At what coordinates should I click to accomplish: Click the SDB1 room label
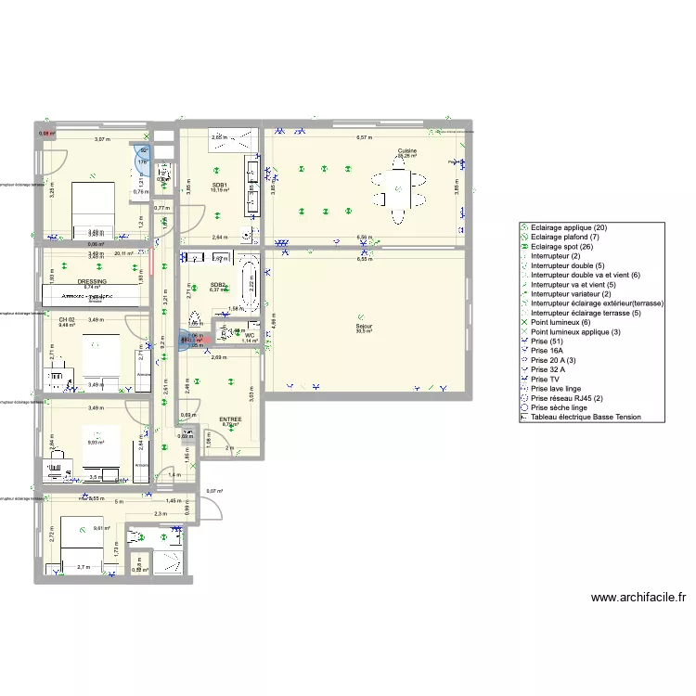click(x=219, y=184)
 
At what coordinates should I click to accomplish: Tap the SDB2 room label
click(x=218, y=284)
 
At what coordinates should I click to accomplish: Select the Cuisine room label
click(x=406, y=150)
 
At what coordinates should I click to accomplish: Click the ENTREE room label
click(x=230, y=419)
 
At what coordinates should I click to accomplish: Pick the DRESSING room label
click(x=92, y=281)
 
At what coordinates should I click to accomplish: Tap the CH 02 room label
click(x=66, y=319)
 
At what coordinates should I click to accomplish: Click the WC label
click(x=250, y=335)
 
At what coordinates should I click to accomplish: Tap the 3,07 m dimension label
click(x=101, y=139)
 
